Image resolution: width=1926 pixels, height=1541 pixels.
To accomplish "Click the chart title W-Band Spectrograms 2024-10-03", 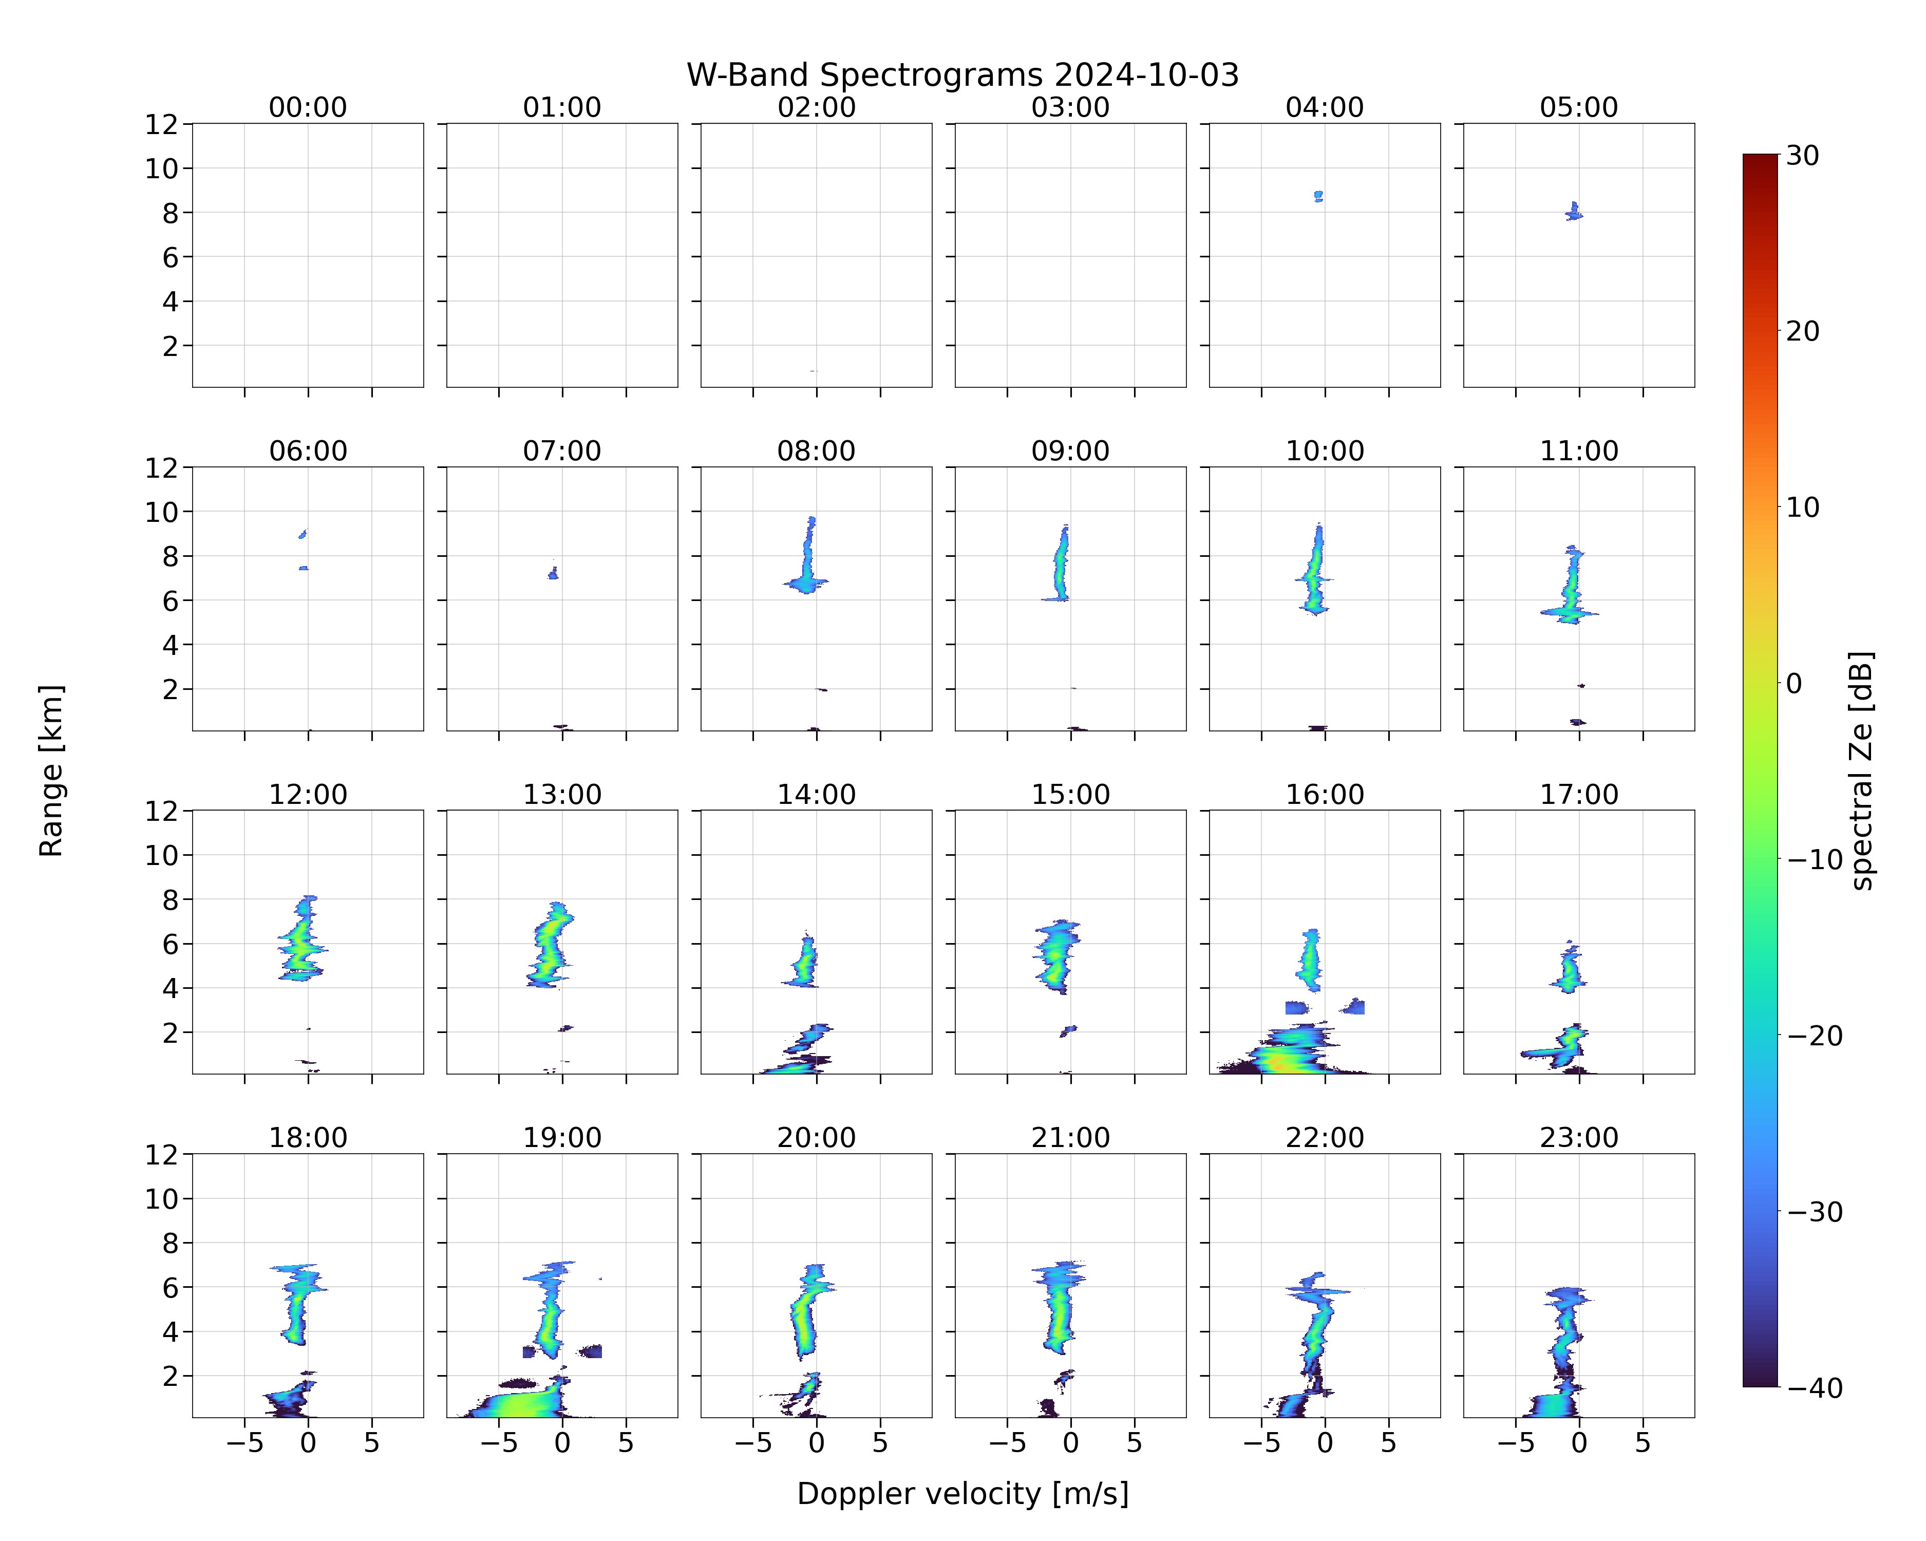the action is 962,75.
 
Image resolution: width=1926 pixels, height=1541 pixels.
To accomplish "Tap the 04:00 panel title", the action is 1324,107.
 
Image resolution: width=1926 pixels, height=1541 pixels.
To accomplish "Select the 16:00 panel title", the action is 1324,794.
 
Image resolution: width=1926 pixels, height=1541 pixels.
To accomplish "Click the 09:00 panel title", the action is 1070,451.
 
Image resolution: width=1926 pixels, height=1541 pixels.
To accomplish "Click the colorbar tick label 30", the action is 1803,156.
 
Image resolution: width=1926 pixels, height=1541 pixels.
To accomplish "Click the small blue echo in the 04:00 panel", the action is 1318,196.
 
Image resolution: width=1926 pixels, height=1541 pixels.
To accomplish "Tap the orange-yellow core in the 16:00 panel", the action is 1280,1063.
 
